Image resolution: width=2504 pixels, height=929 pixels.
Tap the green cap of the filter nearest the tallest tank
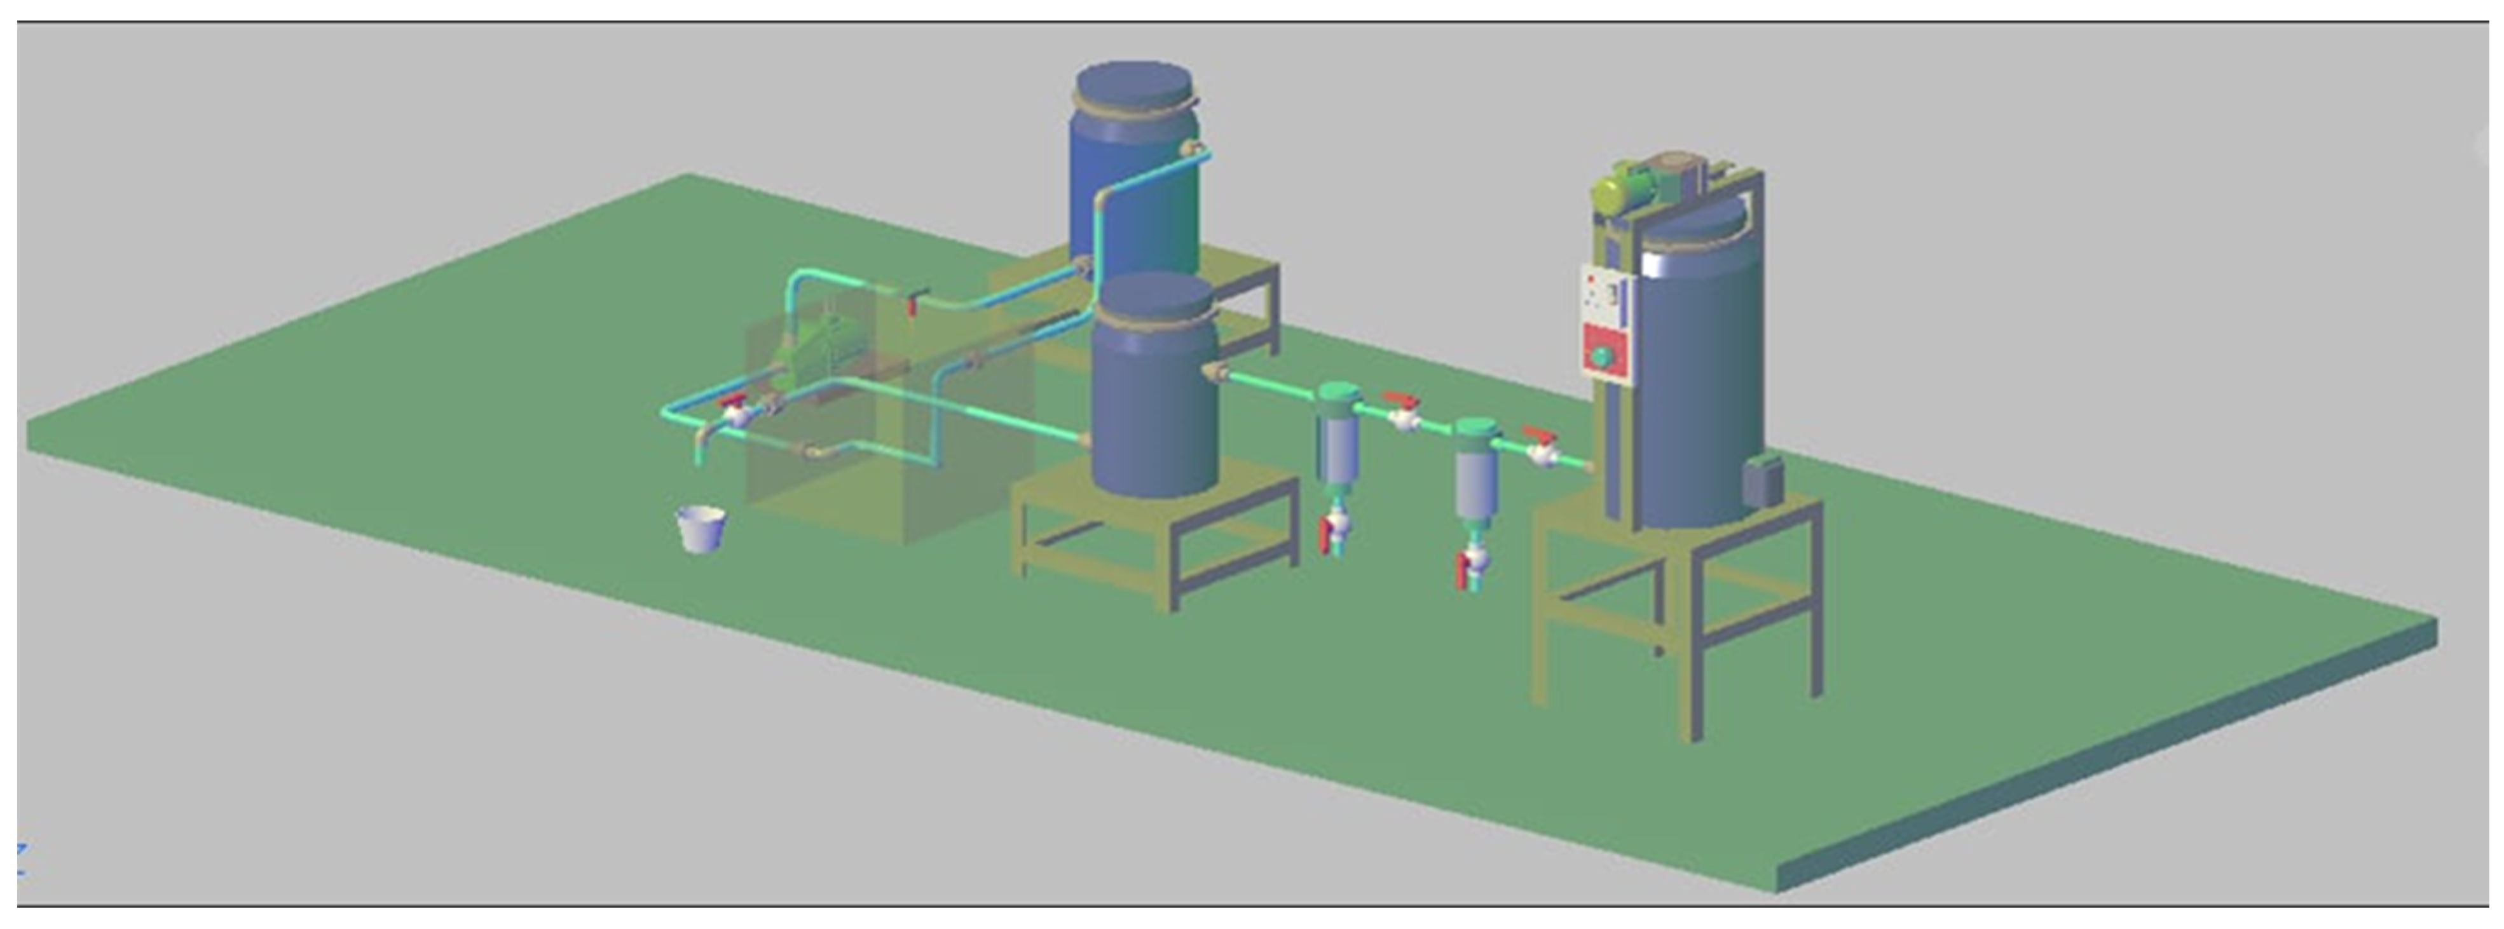pos(1477,428)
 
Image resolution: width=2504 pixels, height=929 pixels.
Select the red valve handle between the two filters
pos(1400,400)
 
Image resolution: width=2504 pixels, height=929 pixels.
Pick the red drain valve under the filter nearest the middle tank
pos(1324,536)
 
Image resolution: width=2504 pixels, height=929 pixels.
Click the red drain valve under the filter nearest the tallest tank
pos(1462,571)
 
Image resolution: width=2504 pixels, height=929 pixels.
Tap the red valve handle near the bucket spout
pos(732,402)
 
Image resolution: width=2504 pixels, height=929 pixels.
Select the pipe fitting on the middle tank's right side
pos(1214,372)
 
